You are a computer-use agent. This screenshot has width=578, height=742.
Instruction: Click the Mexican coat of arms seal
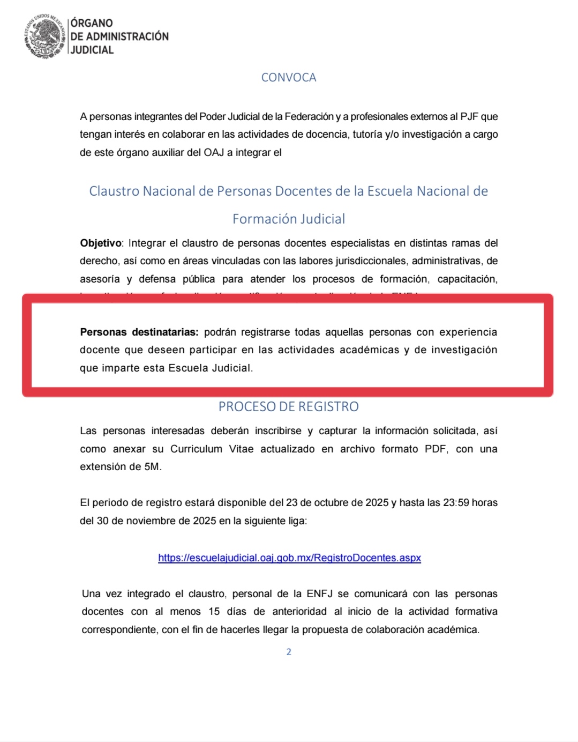pyautogui.click(x=44, y=36)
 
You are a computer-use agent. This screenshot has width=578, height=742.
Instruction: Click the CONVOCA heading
pyautogui.click(x=289, y=78)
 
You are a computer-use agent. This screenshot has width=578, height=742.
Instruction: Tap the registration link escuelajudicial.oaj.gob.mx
pyautogui.click(x=289, y=558)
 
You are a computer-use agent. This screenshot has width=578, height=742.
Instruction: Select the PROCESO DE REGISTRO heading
pyautogui.click(x=288, y=407)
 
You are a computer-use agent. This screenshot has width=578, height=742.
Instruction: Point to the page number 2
pyautogui.click(x=289, y=652)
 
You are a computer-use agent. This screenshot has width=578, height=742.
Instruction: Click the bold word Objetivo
pyautogui.click(x=101, y=243)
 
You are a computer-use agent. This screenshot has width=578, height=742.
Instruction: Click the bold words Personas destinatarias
pyautogui.click(x=139, y=332)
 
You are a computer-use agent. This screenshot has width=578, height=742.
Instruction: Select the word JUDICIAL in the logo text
pyautogui.click(x=92, y=50)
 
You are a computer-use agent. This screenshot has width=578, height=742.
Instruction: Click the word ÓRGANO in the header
pyautogui.click(x=92, y=23)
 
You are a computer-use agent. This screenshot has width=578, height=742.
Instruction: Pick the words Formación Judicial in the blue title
pyautogui.click(x=289, y=219)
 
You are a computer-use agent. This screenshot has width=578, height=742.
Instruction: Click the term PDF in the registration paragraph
pyautogui.click(x=435, y=449)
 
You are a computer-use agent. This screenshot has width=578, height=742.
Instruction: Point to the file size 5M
pyautogui.click(x=152, y=467)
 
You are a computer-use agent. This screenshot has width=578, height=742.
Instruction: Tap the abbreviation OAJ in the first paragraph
pyautogui.click(x=214, y=153)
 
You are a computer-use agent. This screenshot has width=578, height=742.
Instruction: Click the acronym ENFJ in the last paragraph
pyautogui.click(x=319, y=594)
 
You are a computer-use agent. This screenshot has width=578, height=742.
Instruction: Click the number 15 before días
pyautogui.click(x=214, y=612)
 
